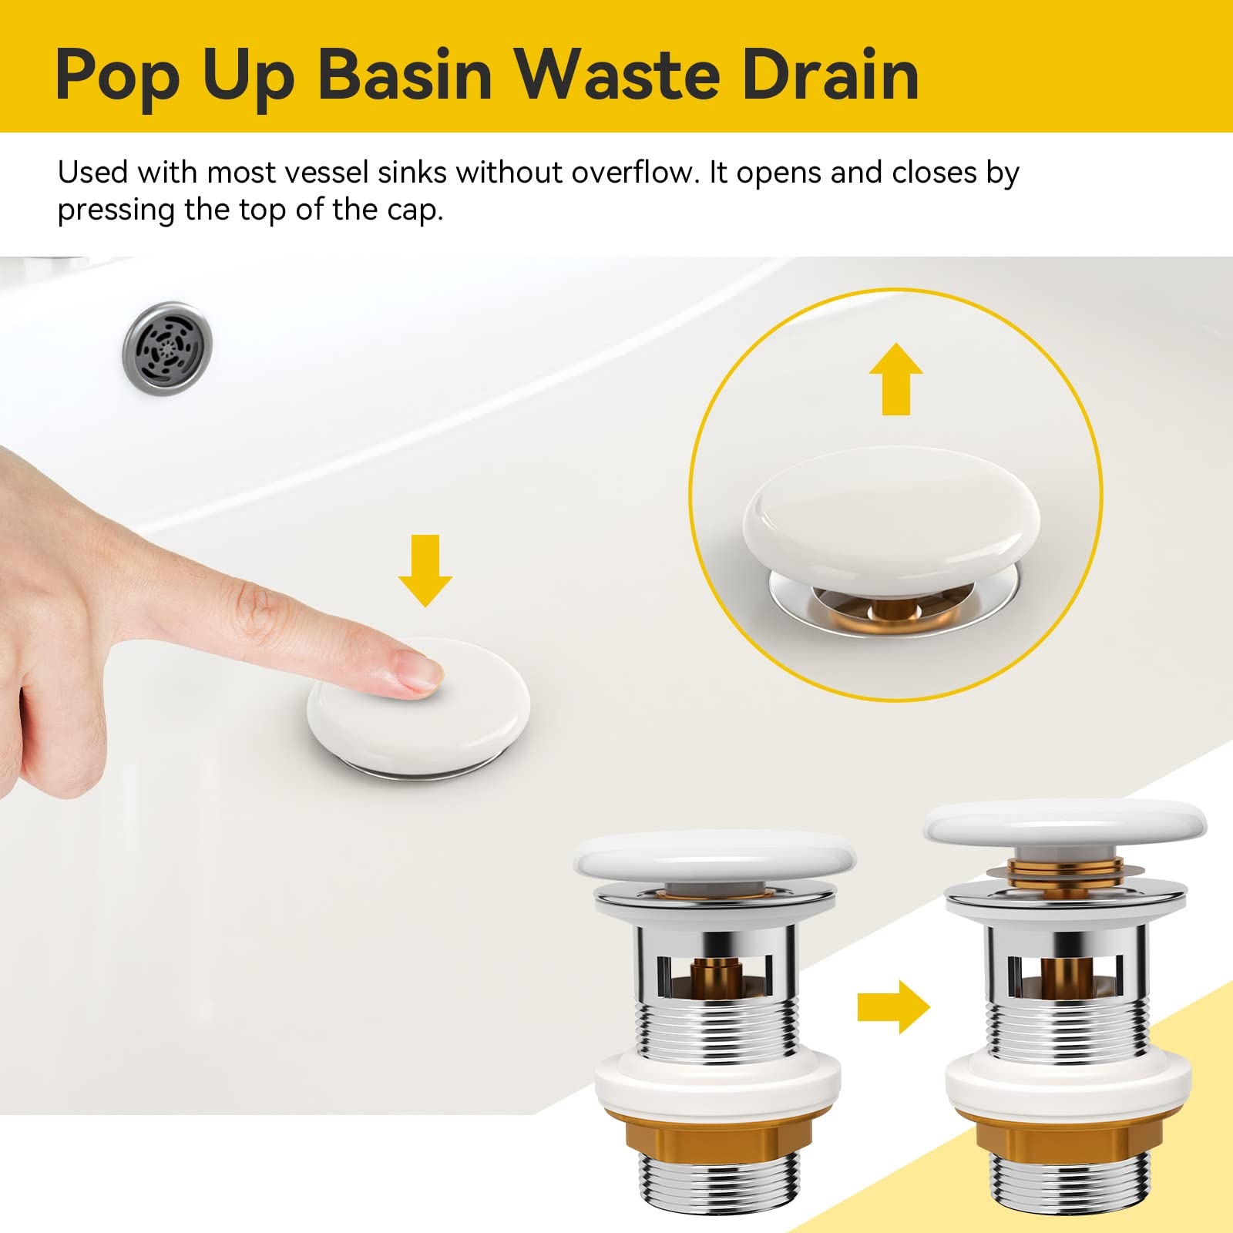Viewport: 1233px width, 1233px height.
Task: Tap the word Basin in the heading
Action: (x=405, y=75)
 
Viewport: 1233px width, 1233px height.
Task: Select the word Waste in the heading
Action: (x=617, y=75)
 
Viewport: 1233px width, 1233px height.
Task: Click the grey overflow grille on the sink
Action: (x=167, y=348)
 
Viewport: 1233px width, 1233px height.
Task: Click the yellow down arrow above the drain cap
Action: (x=425, y=570)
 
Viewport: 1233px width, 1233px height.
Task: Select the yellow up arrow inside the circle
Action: (x=896, y=379)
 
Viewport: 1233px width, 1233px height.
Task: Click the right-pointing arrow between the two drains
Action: (x=894, y=1006)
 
